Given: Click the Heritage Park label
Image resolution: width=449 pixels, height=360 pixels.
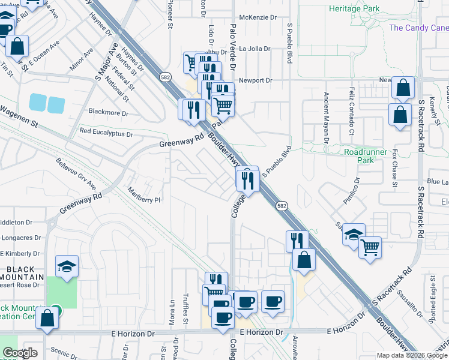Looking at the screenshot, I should tap(354, 9).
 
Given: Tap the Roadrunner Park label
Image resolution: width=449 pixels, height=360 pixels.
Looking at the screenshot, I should tap(367, 156).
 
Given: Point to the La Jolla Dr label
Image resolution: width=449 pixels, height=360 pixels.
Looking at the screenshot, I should tap(256, 49).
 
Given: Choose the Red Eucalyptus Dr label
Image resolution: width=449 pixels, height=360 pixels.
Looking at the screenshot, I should tap(106, 131).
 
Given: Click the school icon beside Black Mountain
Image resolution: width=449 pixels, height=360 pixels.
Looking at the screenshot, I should tap(67, 267).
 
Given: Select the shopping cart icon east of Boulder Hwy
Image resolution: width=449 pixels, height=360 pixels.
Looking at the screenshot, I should tap(370, 246).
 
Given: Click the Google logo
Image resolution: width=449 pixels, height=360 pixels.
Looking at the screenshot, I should tap(20, 353).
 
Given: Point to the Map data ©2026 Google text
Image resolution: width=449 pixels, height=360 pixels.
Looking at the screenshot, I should tap(411, 355).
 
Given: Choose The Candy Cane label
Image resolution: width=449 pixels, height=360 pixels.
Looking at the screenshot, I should tap(418, 28).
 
